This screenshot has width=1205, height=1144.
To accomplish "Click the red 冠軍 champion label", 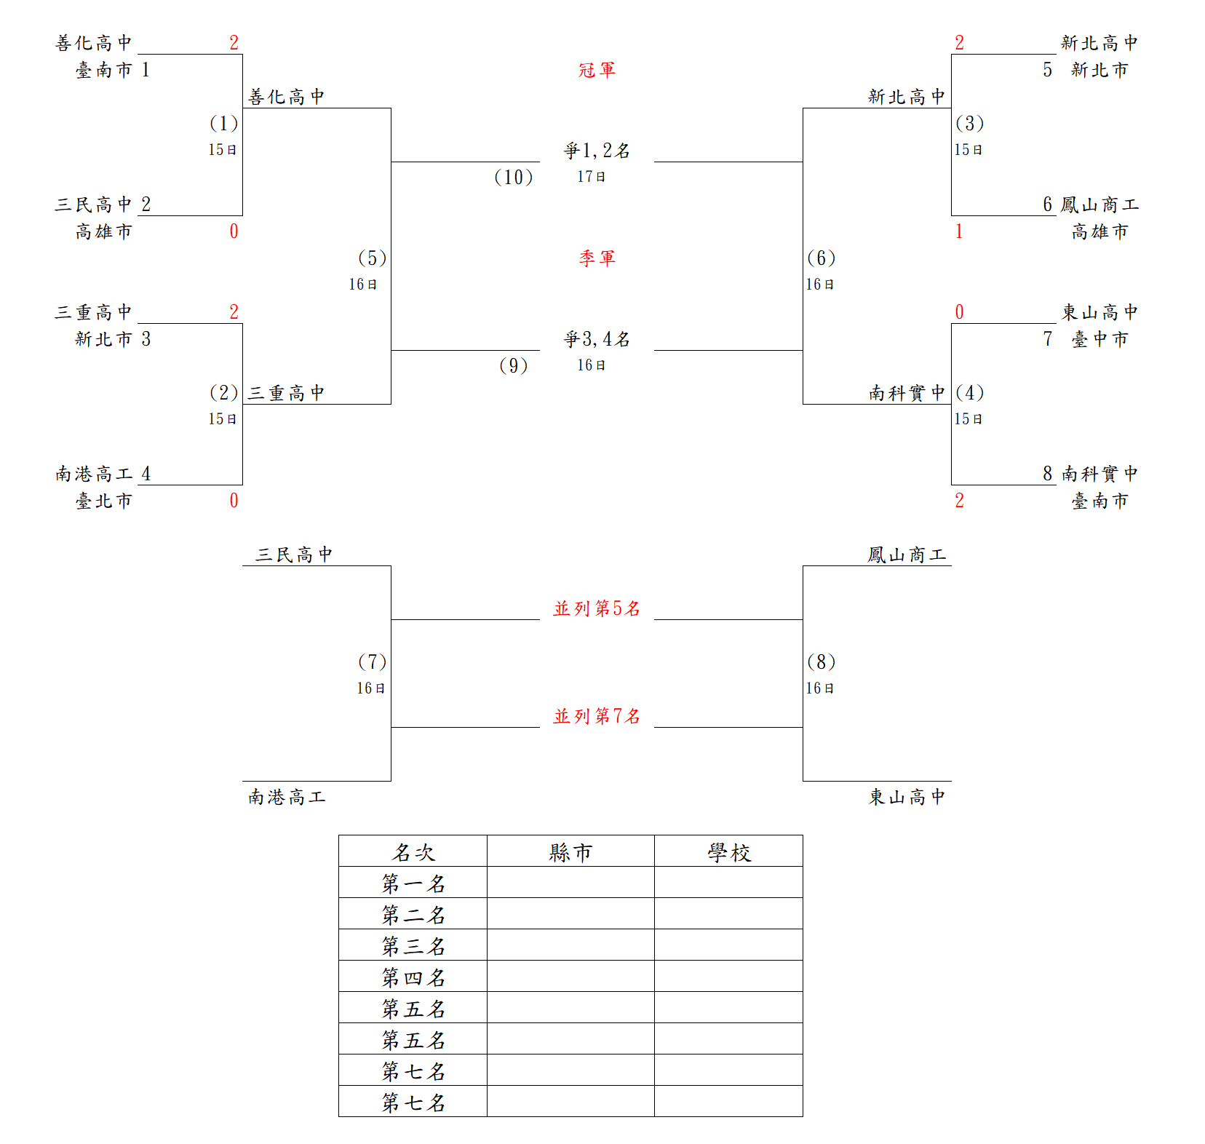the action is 597,70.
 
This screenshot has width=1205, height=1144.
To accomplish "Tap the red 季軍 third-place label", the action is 597,258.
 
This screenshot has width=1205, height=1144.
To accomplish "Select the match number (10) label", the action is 513,177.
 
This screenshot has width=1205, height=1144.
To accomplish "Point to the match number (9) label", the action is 513,365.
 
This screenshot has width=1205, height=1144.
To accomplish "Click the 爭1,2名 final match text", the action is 597,151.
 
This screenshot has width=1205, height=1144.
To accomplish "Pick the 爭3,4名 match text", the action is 597,339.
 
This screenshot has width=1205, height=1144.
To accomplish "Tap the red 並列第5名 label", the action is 597,608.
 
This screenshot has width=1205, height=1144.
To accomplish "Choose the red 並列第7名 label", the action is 597,716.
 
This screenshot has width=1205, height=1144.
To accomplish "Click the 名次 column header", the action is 413,852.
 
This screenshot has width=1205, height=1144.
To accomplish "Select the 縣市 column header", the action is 570,852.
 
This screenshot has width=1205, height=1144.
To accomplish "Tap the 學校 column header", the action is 729,852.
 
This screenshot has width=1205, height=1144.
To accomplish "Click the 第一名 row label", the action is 413,883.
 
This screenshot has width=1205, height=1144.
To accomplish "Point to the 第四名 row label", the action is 413,977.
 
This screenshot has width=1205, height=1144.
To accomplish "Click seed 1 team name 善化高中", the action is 93,43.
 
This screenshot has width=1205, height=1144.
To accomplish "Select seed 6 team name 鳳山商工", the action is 1099,204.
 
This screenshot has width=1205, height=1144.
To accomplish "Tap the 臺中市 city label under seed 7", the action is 1099,339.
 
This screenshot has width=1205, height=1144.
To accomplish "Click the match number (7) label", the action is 372,662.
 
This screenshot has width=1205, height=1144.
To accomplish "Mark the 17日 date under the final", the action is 591,177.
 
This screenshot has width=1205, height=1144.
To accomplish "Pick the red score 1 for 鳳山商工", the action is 959,231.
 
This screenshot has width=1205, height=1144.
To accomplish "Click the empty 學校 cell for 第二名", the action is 728,913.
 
